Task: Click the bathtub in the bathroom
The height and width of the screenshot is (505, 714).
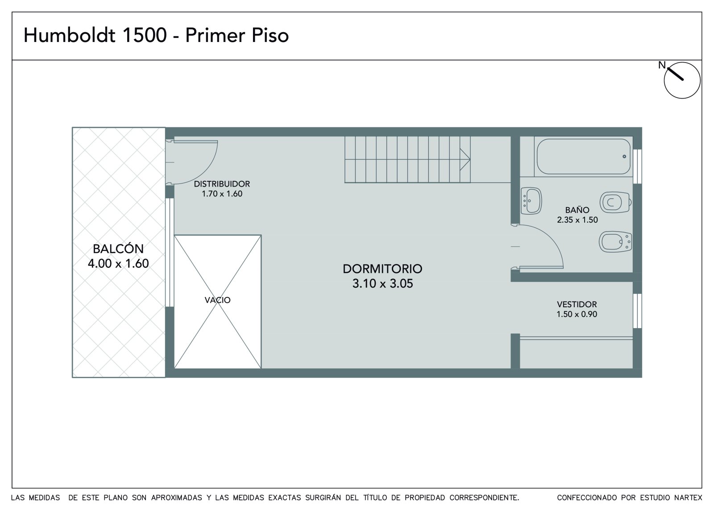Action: tap(584, 156)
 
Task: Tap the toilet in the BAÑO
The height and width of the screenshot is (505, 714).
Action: tap(615, 202)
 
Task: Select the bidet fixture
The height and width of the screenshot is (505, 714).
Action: tap(615, 242)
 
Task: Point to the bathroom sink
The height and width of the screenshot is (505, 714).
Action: tap(531, 200)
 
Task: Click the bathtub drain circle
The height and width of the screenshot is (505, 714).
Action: tap(624, 156)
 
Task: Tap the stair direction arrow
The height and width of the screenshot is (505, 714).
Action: tap(465, 159)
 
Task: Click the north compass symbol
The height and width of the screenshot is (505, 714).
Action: tap(682, 80)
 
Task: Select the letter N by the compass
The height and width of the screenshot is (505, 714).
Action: tap(662, 65)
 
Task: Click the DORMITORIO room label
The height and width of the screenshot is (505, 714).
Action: tap(382, 269)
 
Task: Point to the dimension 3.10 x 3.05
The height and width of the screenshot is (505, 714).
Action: tap(382, 283)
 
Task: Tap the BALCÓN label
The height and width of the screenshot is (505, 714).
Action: tap(118, 249)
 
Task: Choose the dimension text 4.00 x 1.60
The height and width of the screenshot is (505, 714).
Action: tap(118, 263)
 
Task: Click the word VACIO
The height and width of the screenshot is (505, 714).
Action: tap(217, 300)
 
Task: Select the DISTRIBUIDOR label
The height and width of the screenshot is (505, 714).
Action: tap(222, 184)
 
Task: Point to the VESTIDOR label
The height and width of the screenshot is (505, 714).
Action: tap(577, 304)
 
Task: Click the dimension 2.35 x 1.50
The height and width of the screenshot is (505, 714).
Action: tap(577, 220)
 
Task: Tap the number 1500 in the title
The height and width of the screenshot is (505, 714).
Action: tap(145, 35)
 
